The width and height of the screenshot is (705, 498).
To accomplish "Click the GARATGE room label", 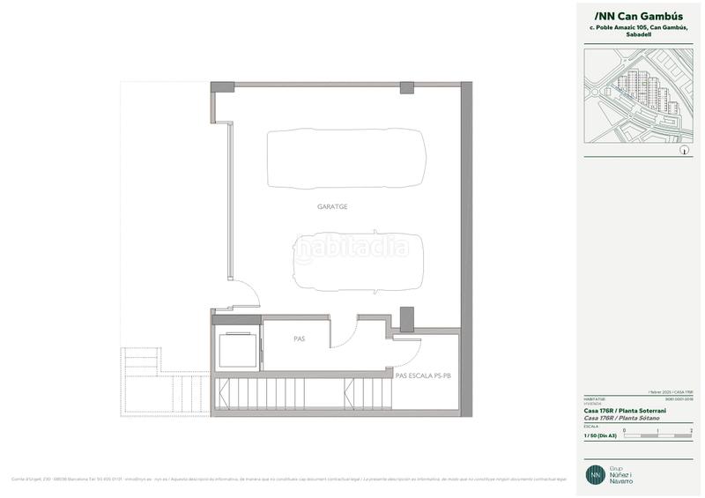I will tap(333, 206).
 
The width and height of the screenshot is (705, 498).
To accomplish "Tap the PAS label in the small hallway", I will tap(299, 338).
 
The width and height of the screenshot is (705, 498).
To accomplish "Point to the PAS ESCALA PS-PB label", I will tap(423, 375).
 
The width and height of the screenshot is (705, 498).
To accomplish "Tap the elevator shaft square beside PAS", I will tap(237, 351).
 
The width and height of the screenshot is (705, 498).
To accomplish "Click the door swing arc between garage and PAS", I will tap(343, 332).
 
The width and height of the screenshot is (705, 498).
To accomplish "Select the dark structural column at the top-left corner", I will tap(222, 89).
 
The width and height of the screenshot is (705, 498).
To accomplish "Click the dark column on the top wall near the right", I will tap(406, 87).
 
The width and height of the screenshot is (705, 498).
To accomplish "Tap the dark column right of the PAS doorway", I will tap(406, 318).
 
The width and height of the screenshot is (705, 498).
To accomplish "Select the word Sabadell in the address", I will tap(638, 36).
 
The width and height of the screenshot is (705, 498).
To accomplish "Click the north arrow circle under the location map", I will tap(684, 151).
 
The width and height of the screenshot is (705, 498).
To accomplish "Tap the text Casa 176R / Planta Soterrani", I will tap(625, 411).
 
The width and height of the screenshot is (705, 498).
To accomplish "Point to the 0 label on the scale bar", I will tap(624, 429).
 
